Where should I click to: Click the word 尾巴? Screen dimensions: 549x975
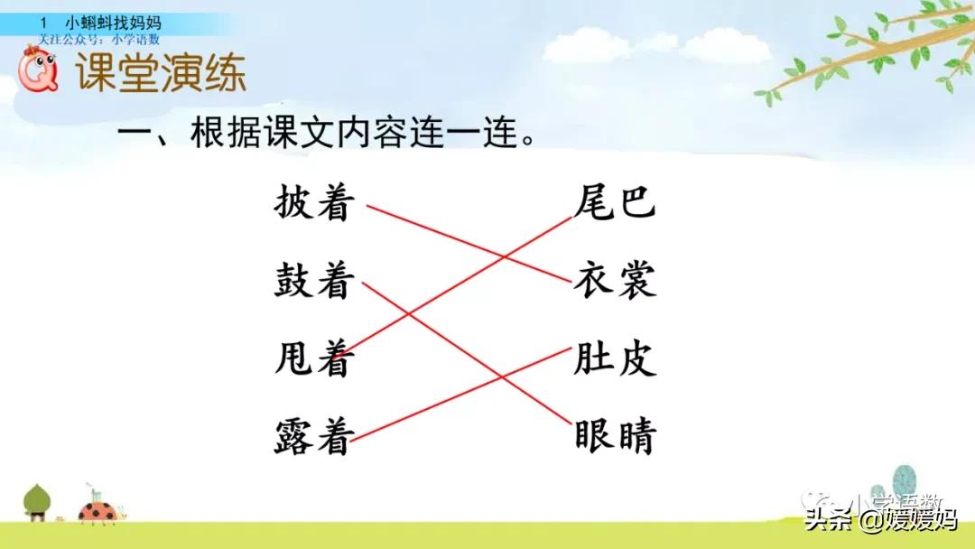(614, 203)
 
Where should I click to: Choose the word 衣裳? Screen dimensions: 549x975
(614, 281)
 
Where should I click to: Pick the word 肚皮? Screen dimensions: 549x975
(614, 359)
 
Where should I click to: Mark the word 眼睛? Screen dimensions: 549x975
(614, 437)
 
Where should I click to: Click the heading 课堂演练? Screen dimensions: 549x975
(161, 74)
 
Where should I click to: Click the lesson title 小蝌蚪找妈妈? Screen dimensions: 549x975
(113, 23)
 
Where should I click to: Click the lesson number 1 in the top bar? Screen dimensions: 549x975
(43, 23)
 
